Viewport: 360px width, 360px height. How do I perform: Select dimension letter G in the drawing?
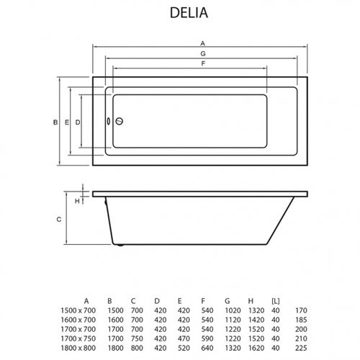coord(203,54)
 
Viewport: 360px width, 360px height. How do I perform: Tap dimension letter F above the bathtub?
coord(204,65)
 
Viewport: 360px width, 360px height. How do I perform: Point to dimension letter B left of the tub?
coord(55,123)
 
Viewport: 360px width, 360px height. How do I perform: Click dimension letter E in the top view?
coord(67,123)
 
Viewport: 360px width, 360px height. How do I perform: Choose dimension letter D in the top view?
coord(78,123)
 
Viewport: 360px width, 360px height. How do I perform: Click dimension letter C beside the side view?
coord(58,219)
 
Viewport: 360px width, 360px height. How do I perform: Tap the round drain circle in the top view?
coord(120,122)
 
